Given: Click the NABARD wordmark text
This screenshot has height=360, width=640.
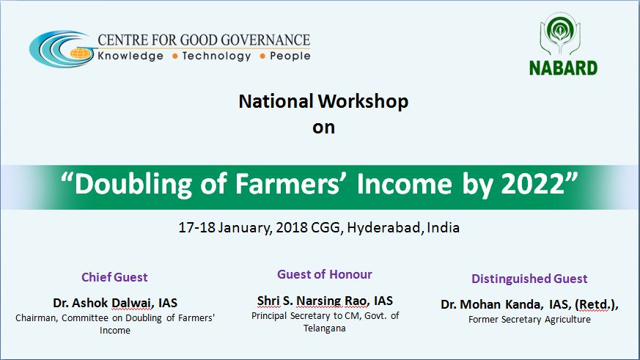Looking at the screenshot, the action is pos(563,68).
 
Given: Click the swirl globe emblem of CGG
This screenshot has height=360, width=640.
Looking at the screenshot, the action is pos(62,49).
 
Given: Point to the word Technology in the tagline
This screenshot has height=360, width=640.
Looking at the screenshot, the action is pos(216,56).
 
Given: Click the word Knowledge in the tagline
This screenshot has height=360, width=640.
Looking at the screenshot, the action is pos(130,56).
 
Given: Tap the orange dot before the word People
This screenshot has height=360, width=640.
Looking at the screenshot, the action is pos(262,56).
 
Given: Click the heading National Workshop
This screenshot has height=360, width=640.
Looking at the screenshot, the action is pos(323,102).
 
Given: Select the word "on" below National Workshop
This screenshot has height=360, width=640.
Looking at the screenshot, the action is pos(323,128).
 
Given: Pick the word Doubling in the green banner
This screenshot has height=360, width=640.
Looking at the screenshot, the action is pos(133,184).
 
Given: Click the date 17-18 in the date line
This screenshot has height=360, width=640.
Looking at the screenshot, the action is pos(196,227).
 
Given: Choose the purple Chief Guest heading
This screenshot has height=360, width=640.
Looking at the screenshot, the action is pos(114,278).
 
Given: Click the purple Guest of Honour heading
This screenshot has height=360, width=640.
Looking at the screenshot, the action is pos(325,274).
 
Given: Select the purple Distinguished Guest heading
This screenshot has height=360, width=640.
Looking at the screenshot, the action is pos(529,279).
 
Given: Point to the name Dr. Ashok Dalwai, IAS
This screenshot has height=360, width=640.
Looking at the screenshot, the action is pos(115,303).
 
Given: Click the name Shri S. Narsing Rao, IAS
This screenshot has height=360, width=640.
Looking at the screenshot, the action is pos(325,301).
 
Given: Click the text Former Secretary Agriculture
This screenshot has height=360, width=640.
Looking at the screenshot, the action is pos(529,320).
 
